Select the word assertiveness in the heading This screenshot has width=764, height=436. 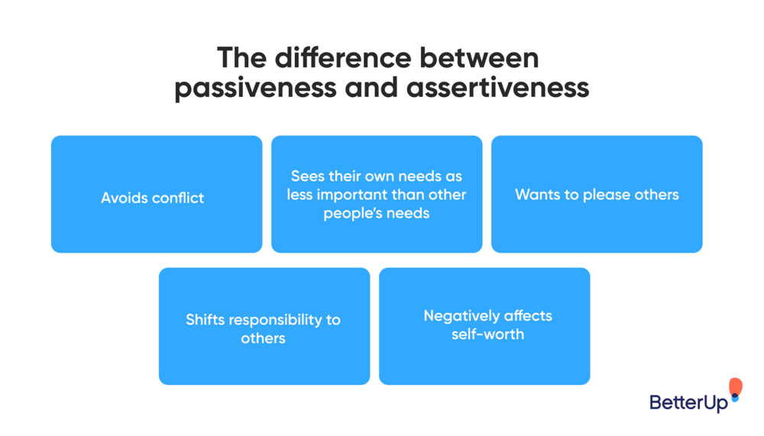point(497,88)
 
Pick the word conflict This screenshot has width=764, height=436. point(177,198)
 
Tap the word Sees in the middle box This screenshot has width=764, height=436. point(308,176)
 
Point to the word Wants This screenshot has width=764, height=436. point(536,195)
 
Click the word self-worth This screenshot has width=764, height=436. point(487,334)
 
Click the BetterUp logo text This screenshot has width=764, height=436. point(688,402)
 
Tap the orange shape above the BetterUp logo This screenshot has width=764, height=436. point(735,387)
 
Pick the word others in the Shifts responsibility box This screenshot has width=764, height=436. point(263,337)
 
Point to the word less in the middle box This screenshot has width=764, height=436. point(300,195)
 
